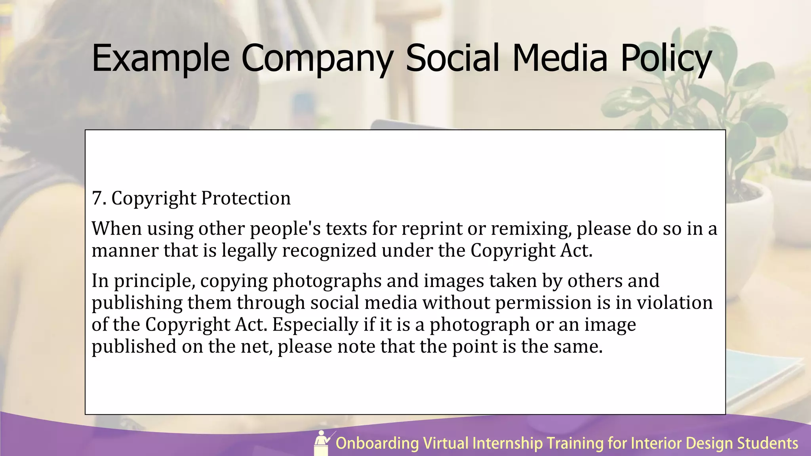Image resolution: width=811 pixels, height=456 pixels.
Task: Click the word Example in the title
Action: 160,58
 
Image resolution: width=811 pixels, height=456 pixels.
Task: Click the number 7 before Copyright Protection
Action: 97,198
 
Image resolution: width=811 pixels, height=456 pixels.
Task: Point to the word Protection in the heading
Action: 246,198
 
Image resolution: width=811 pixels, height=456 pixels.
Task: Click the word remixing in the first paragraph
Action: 531,229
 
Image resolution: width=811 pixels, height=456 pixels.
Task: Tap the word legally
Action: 249,251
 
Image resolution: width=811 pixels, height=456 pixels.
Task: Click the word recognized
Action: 329,251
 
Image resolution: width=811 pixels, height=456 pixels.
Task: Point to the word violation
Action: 675,303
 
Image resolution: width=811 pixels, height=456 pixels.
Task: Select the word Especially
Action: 315,325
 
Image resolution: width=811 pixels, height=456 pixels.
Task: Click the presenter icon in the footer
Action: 323,443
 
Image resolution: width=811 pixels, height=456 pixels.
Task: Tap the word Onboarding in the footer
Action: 377,443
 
